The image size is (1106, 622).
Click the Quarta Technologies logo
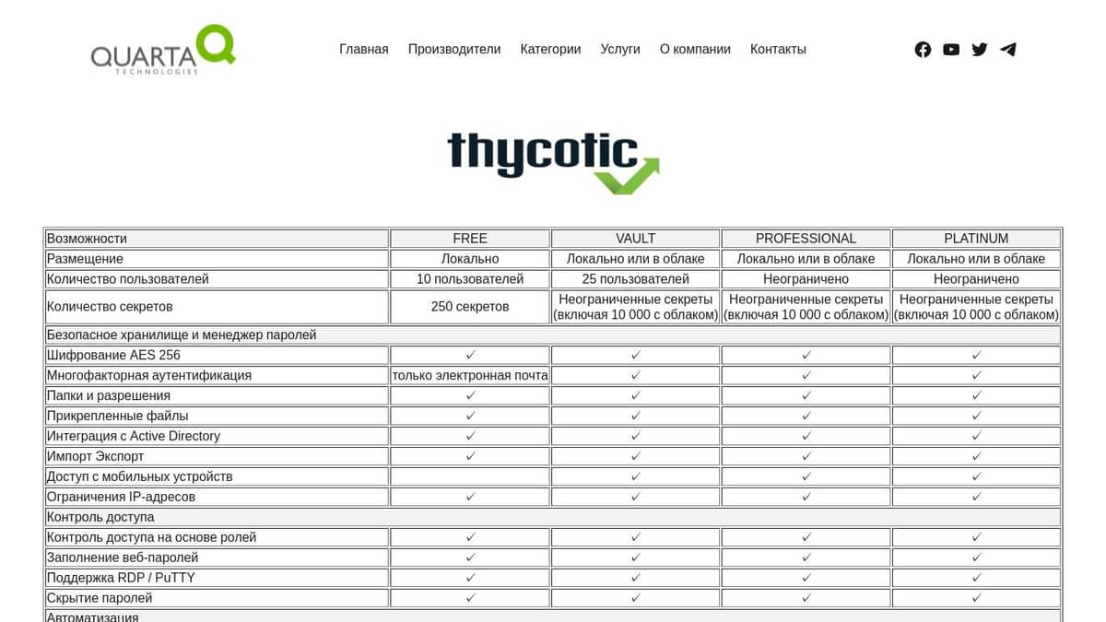(x=163, y=50)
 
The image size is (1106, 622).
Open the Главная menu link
(x=364, y=49)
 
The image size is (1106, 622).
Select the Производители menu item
(x=454, y=49)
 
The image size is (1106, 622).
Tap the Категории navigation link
(x=550, y=49)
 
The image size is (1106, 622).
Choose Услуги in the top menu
(x=620, y=49)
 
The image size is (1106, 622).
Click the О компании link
(x=695, y=49)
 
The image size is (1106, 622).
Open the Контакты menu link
(x=778, y=49)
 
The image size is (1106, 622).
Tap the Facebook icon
(x=923, y=50)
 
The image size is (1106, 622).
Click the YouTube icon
(x=951, y=50)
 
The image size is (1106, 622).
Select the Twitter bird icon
(x=980, y=50)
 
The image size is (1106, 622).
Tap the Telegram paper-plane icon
(x=1008, y=50)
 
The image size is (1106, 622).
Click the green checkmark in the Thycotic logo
(x=628, y=177)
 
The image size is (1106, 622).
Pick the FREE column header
(x=470, y=239)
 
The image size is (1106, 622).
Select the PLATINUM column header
(x=976, y=239)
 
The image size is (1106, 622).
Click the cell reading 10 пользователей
(x=470, y=279)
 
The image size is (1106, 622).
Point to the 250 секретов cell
(x=470, y=307)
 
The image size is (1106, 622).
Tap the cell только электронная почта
(x=470, y=375)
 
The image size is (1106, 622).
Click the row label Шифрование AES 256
(x=113, y=355)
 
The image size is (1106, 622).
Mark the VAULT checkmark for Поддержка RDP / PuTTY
(x=635, y=578)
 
